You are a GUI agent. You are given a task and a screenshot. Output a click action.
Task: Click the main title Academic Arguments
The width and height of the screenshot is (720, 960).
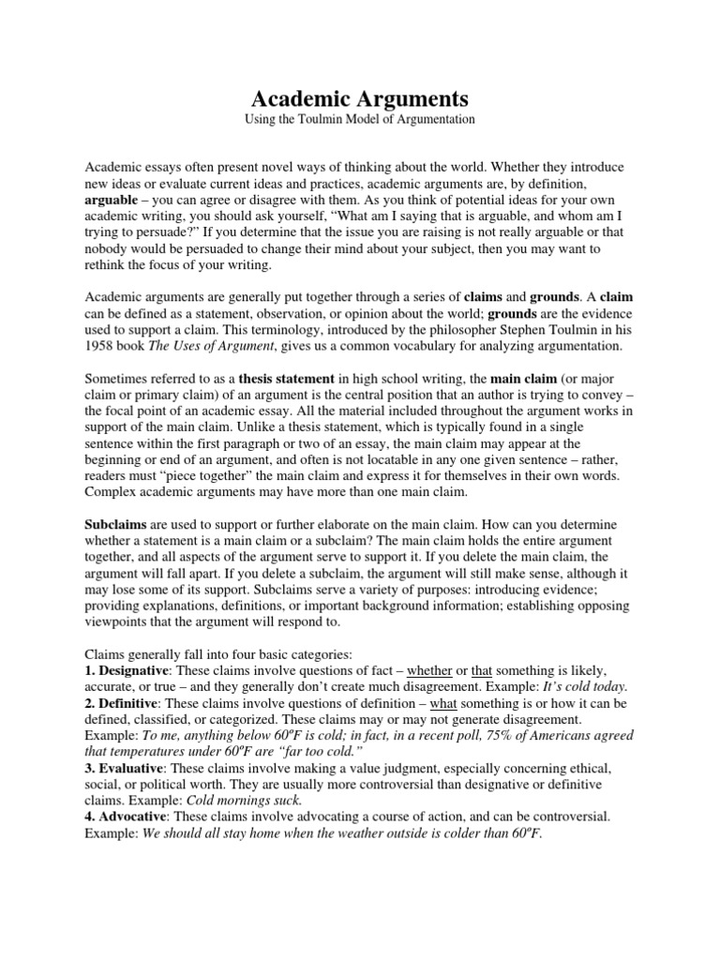coord(359,98)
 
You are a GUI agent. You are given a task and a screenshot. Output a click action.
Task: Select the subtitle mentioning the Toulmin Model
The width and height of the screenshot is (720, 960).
coord(359,120)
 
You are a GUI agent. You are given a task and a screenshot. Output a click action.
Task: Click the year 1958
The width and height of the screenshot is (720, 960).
coord(100,346)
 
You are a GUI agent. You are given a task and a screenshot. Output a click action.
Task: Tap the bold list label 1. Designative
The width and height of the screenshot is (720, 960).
coord(131,671)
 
